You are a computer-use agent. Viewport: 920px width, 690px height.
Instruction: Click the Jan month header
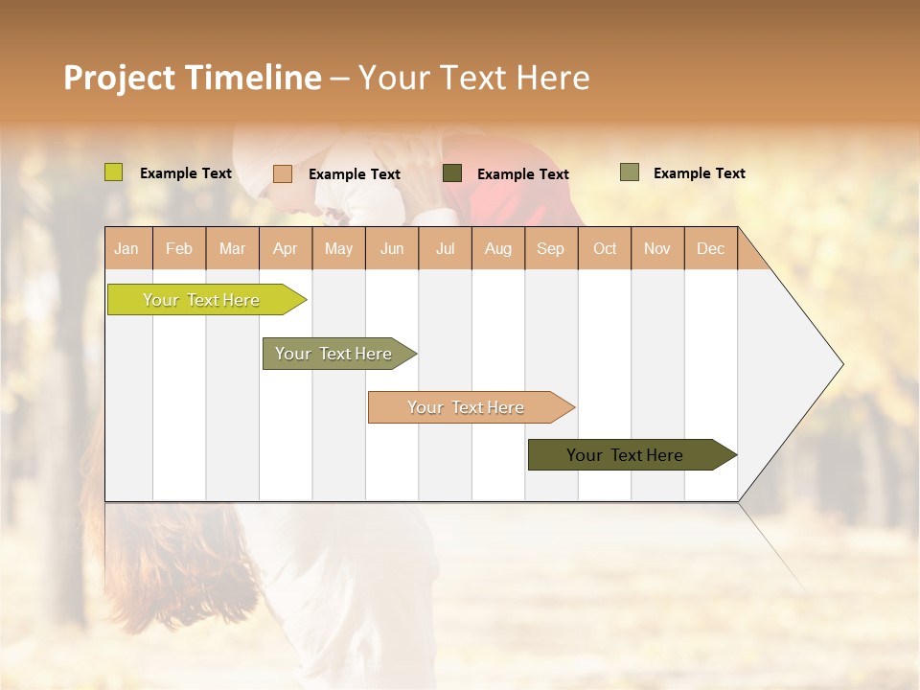point(127,248)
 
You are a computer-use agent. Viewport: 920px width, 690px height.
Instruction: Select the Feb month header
point(179,248)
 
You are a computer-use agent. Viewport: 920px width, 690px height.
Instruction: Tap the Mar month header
point(233,248)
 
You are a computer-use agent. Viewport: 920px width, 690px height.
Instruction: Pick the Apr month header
point(286,248)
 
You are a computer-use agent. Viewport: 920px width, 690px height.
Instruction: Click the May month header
point(338,248)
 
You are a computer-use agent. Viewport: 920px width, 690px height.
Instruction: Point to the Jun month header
point(392,248)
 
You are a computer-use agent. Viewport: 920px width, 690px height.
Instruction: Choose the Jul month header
point(445,248)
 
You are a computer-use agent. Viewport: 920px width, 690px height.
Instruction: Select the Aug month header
point(498,248)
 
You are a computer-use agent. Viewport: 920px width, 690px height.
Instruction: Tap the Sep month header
point(551,248)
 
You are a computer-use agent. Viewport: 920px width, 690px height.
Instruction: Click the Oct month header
point(605,248)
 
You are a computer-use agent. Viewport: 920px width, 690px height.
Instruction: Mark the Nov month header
point(657,248)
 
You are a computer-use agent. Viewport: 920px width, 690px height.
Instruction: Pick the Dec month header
point(711,248)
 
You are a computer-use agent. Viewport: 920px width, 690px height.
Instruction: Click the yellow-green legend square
point(114,172)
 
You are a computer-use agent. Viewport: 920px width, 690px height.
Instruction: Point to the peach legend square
point(283,173)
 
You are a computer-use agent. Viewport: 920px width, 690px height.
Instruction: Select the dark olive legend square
point(452,173)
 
